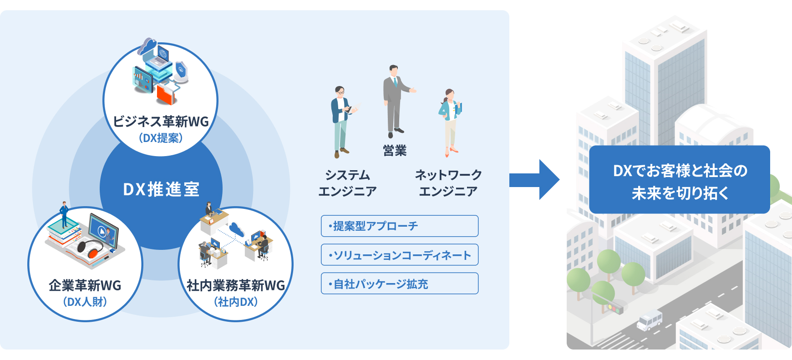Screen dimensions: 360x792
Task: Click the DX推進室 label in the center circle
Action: [161, 189]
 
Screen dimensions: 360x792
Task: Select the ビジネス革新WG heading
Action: [161, 122]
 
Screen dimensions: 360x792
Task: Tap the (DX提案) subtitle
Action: [161, 138]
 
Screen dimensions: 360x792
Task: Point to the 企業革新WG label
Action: [85, 285]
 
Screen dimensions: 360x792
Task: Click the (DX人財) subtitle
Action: [85, 302]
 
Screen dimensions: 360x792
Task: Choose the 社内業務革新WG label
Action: [235, 285]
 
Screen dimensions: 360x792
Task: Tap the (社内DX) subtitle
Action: [236, 302]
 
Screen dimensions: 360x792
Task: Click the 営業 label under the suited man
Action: [395, 151]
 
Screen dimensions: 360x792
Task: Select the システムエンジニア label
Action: [347, 183]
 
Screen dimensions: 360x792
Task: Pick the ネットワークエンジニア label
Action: [448, 183]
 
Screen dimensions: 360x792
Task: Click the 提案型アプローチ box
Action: [400, 226]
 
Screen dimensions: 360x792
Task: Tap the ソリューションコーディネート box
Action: [400, 255]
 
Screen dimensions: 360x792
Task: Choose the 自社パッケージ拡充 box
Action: [400, 284]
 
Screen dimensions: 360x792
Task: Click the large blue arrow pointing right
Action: [534, 180]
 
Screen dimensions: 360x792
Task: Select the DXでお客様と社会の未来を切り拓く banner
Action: [679, 180]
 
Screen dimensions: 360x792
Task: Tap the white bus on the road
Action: [650, 320]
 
